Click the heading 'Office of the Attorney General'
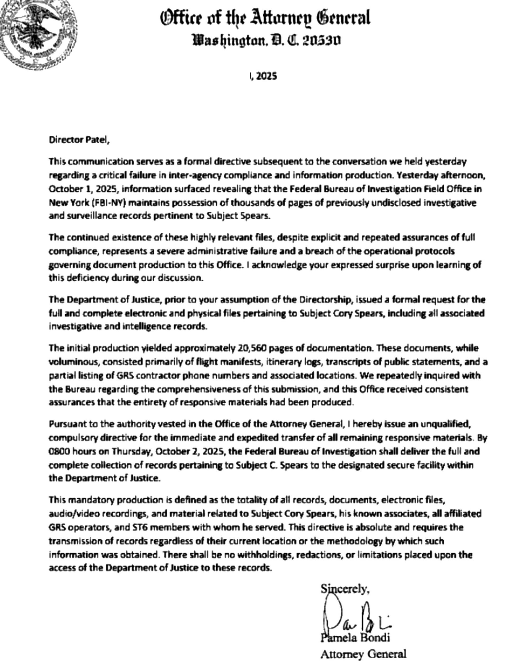click(265, 18)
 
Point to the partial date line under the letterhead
click(263, 76)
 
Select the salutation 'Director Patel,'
click(79, 140)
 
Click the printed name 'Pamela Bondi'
click(355, 638)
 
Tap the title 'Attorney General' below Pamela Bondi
click(363, 654)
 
